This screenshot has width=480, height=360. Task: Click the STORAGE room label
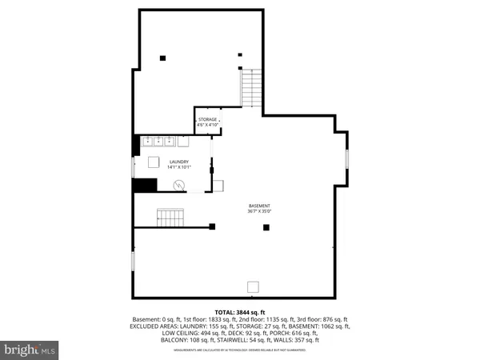coord(208,119)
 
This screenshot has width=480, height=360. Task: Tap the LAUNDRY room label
coord(178,162)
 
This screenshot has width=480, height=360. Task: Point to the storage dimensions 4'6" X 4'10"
coord(208,125)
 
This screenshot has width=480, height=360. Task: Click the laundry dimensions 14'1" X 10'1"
coord(178,167)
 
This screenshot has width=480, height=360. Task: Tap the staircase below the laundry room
coord(170,217)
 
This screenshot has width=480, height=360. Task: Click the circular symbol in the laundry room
coord(179,185)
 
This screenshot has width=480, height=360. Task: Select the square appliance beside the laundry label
coord(154,162)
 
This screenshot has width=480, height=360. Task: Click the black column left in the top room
coord(162,57)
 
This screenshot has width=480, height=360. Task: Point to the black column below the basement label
coord(267,227)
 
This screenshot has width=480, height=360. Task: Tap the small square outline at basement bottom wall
coord(253,287)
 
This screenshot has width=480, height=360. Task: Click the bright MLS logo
coord(30,350)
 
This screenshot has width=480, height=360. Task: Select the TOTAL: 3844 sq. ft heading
coord(240,311)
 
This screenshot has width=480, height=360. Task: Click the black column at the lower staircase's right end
coord(212,227)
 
